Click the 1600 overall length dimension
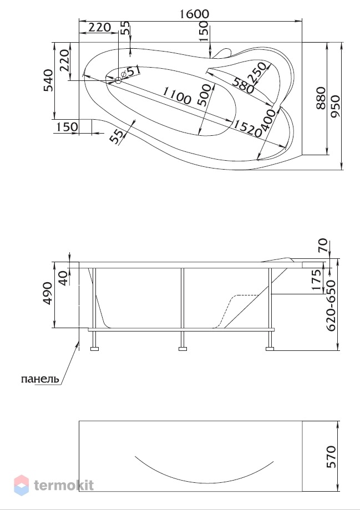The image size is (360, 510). (x=194, y=14)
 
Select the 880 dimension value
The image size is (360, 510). (x=321, y=98)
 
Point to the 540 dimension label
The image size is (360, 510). (x=48, y=80)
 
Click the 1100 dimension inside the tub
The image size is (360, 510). (x=176, y=95)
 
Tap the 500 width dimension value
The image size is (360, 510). (x=205, y=95)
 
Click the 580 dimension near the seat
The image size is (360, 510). (x=243, y=85)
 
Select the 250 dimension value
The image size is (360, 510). (x=258, y=73)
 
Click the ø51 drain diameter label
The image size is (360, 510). (x=131, y=72)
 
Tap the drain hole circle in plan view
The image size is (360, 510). (x=118, y=80)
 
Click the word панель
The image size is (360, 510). (x=40, y=379)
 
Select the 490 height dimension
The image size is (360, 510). (x=48, y=294)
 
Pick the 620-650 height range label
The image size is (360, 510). (x=331, y=305)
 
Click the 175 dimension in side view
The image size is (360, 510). (x=317, y=280)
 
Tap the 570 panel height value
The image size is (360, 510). (x=331, y=457)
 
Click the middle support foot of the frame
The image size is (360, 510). (x=183, y=349)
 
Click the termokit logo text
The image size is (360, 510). (x=64, y=485)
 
